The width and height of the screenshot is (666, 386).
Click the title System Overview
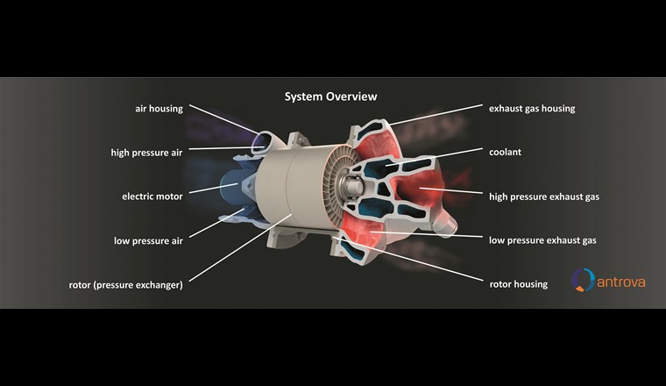point(330,96)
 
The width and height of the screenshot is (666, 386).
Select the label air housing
point(159,109)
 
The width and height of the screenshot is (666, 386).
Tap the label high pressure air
point(146,153)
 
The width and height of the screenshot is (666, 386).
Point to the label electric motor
point(152,197)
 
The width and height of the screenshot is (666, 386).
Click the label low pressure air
point(148,240)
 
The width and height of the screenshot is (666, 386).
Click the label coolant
point(506,152)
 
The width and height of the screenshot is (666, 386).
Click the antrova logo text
point(623,281)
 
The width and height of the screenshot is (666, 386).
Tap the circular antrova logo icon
point(583,280)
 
